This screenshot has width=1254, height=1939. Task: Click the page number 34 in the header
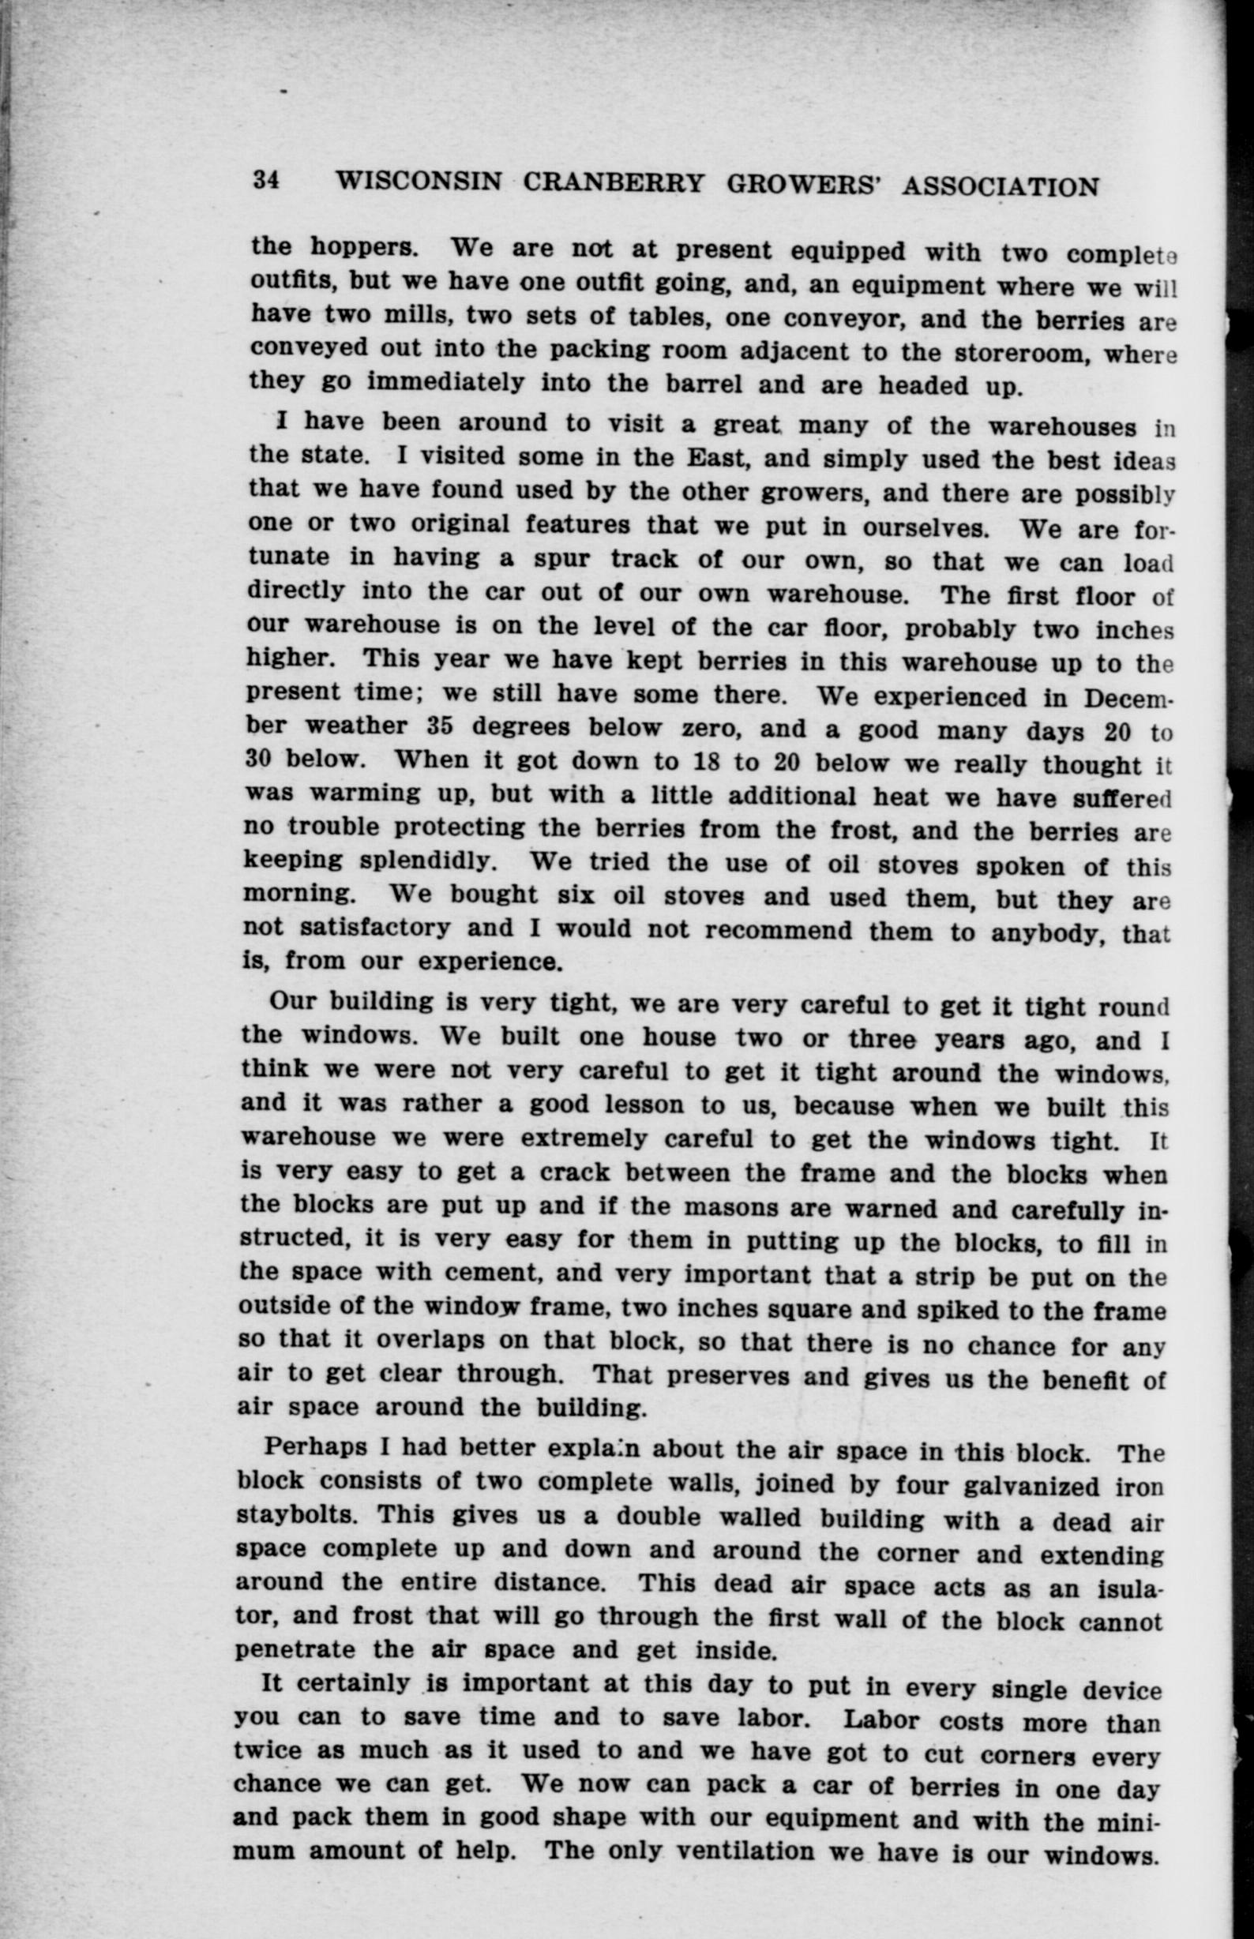(266, 180)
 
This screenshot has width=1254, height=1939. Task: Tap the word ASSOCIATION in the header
(1001, 187)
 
